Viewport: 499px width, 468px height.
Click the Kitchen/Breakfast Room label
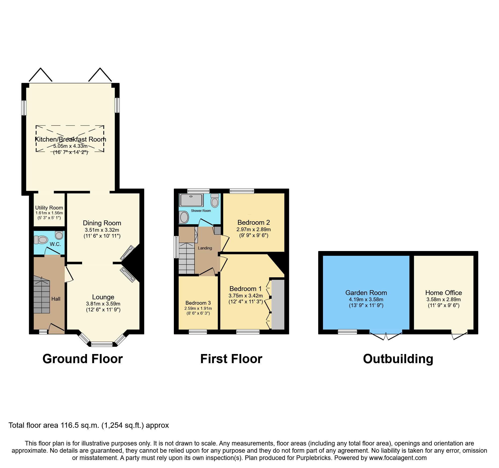(x=71, y=139)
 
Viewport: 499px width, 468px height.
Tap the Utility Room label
(x=49, y=208)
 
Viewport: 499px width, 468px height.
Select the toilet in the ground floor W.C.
(x=41, y=239)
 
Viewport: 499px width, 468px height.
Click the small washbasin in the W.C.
(x=59, y=235)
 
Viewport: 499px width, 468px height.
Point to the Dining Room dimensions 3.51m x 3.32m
(x=102, y=230)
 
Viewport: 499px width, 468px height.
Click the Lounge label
(x=103, y=297)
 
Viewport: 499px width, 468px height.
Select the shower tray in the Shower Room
(x=191, y=200)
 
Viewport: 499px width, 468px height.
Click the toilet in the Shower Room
(x=215, y=201)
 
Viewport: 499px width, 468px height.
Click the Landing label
(x=205, y=248)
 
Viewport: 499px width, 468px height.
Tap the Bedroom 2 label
(x=254, y=222)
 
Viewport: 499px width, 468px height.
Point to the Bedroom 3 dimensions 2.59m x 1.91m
(x=198, y=308)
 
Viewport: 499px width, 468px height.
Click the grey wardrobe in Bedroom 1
(x=278, y=305)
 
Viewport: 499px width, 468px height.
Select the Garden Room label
(x=366, y=293)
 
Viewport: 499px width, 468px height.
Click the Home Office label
(x=443, y=293)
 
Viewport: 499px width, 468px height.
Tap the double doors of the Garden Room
(x=386, y=335)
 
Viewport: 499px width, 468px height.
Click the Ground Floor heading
(x=83, y=359)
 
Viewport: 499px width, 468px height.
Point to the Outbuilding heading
(x=398, y=359)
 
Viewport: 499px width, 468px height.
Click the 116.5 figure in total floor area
(x=64, y=425)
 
